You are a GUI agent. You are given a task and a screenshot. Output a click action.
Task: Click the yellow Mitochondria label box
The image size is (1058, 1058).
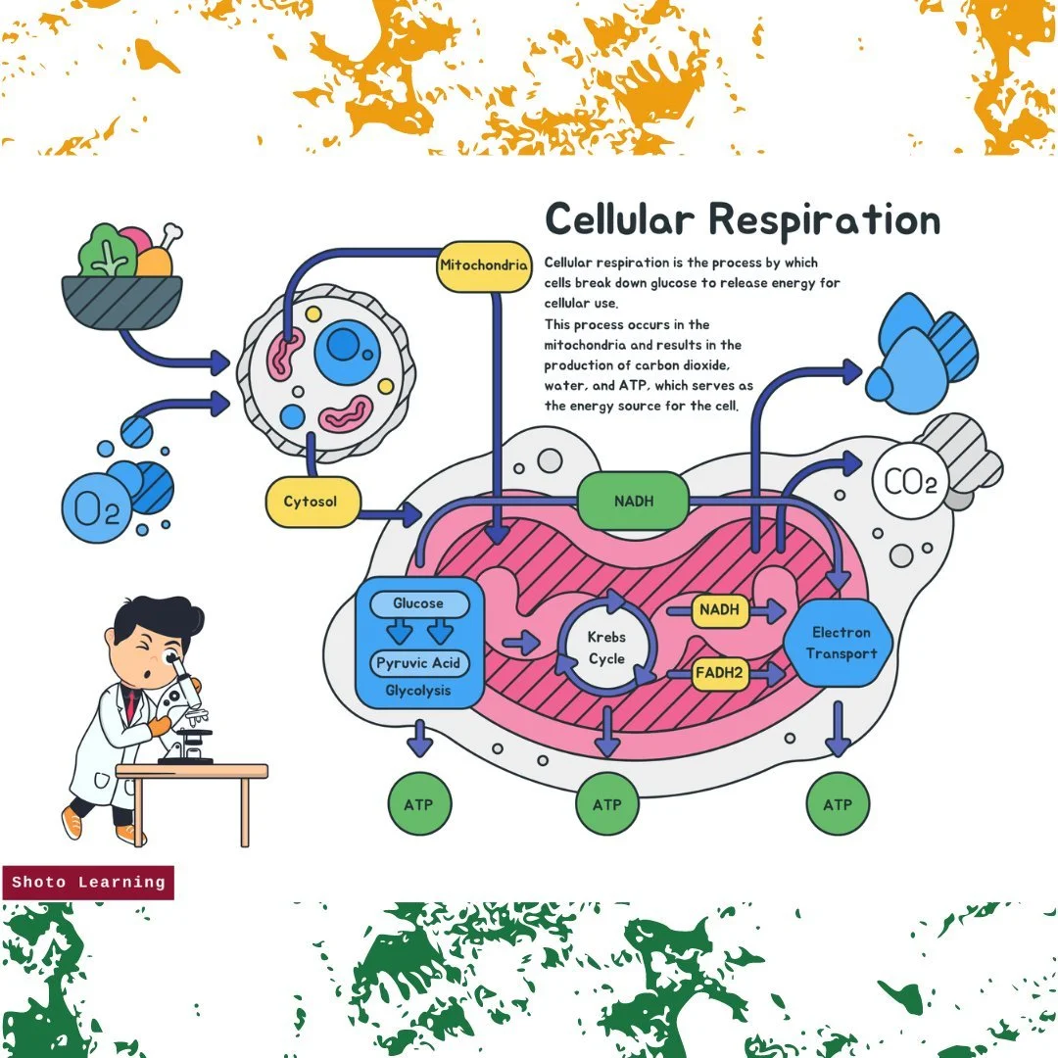(x=484, y=265)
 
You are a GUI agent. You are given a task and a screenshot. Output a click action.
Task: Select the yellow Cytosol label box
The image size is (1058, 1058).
(x=311, y=502)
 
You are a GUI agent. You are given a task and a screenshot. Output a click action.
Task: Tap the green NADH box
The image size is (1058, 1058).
(x=634, y=502)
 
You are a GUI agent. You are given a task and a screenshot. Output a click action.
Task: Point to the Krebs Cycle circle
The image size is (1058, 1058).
(x=606, y=647)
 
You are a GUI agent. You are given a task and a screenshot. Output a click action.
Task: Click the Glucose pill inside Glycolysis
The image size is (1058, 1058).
(x=419, y=604)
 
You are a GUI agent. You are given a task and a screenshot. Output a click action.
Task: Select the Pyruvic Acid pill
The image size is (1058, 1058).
(x=419, y=663)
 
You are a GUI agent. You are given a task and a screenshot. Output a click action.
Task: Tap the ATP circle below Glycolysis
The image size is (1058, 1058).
(x=420, y=804)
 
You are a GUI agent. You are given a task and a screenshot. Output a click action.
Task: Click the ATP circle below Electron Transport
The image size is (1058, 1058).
(x=838, y=804)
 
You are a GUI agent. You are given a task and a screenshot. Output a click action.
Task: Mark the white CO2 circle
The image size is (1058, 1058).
(x=910, y=482)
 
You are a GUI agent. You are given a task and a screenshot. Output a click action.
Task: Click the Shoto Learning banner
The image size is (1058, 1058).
(x=88, y=883)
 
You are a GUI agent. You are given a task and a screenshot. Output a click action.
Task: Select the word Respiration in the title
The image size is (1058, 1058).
(x=824, y=219)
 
